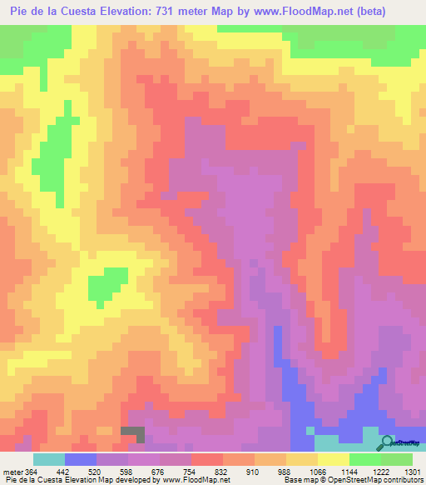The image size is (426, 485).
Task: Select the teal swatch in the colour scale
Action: point(49,459)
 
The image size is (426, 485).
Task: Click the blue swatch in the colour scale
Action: point(81,459)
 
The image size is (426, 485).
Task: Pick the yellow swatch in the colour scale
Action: point(333,459)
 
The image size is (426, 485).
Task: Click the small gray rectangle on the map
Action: point(132,433)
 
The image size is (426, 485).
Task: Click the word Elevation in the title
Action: point(130,12)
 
